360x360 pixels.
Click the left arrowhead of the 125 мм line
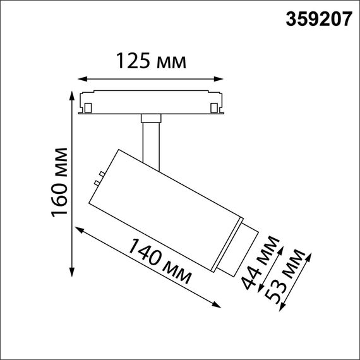tap(80, 80)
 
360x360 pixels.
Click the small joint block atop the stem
tap(150, 117)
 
